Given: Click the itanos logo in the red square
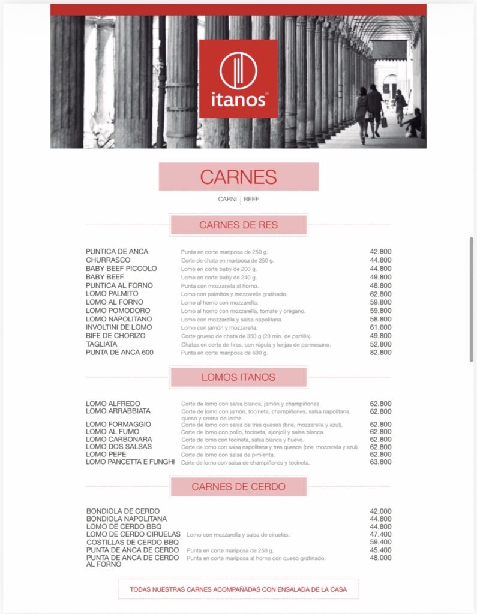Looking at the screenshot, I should [238, 78].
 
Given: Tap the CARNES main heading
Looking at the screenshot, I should [238, 177].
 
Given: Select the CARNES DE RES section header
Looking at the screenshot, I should [238, 225].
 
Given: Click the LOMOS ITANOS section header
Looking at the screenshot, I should [238, 377].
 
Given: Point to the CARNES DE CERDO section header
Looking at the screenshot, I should [238, 486].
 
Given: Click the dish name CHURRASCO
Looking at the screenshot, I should [108, 260].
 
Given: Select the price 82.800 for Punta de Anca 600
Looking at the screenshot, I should [380, 353].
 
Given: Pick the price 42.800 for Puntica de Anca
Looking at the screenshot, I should [380, 252].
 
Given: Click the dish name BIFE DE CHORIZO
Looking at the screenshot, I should [115, 336].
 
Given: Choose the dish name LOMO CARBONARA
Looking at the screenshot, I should [118, 439].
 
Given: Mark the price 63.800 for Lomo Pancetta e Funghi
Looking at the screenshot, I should [380, 462].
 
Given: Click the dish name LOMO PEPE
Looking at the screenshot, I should [106, 455].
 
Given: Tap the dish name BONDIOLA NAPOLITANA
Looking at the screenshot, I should [127, 519].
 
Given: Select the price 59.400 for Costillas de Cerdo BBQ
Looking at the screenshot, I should [380, 542].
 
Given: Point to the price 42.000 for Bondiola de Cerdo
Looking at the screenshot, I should [380, 511].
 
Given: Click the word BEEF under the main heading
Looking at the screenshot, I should [251, 199].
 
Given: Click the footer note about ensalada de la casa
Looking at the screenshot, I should [238, 589].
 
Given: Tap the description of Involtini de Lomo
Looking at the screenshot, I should [219, 328].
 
